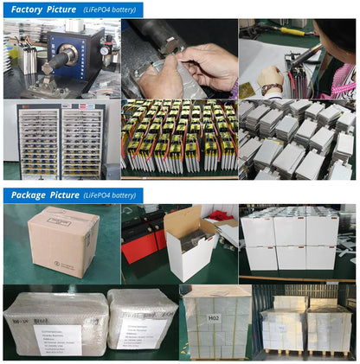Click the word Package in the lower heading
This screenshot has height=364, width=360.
29,195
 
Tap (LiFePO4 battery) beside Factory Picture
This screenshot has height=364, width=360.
109,10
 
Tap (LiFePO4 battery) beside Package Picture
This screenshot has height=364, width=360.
111,195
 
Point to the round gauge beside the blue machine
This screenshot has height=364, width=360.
103,50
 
